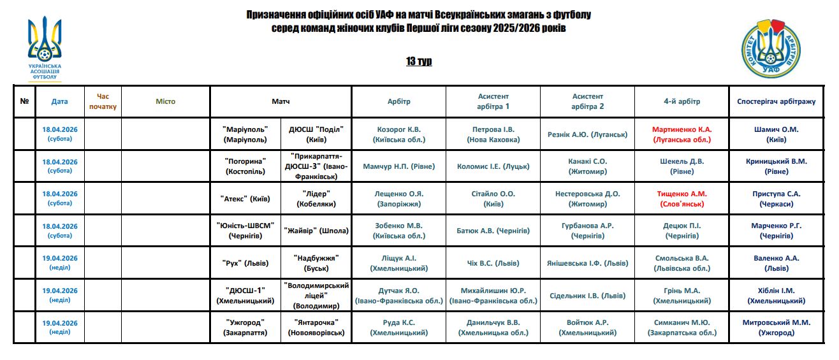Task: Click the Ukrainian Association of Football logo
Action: (45, 48)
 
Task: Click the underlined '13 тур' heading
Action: (419, 61)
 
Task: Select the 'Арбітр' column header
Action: (399, 101)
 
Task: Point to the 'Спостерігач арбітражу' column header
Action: (776, 101)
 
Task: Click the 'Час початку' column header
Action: (103, 101)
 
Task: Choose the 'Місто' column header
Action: (165, 101)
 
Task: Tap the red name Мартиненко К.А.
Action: (682, 129)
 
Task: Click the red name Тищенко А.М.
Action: (682, 194)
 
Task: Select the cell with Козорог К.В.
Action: (399, 134)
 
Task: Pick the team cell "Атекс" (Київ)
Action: (245, 199)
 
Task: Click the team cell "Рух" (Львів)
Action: (245, 263)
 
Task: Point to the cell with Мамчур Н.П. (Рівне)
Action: (399, 166)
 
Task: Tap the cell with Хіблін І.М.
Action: (776, 296)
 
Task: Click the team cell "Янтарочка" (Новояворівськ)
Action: (316, 328)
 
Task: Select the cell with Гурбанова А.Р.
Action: (587, 231)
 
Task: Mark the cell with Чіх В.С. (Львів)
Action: (493, 263)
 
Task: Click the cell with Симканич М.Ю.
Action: (682, 328)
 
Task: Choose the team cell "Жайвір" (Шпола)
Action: (316, 231)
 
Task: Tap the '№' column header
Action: (24, 101)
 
